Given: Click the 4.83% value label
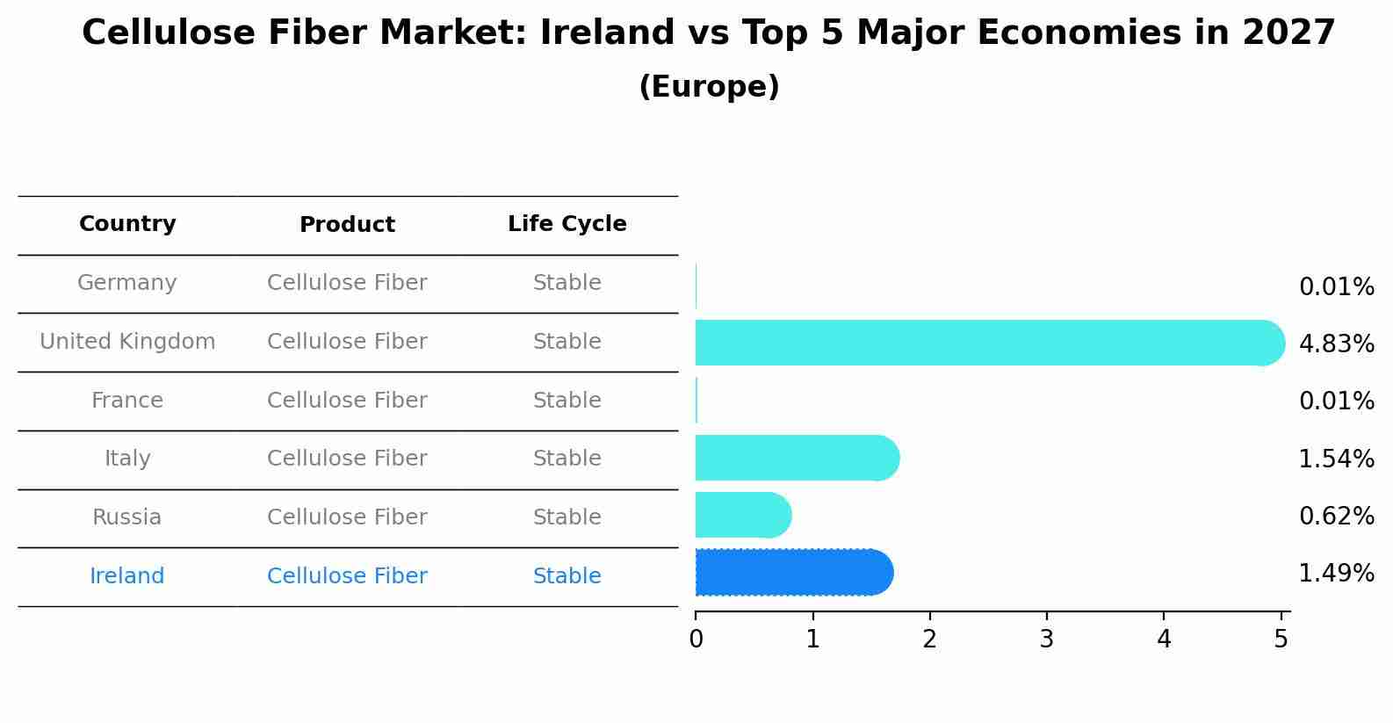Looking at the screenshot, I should [x=1336, y=343].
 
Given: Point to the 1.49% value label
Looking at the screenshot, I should [x=1336, y=574].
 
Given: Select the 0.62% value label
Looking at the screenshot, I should [x=1336, y=516].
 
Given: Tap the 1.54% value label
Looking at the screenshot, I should [x=1336, y=459].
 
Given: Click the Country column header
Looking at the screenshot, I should [x=127, y=224].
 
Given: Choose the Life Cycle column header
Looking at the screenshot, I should [x=567, y=224].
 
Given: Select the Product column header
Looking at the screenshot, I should [x=347, y=225].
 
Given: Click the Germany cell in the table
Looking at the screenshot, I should [x=127, y=283].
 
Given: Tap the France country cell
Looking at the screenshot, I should [x=127, y=401].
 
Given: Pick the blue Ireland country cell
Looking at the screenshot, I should [x=127, y=576].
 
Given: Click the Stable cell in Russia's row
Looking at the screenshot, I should [x=567, y=517].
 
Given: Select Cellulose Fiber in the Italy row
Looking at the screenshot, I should [x=347, y=459].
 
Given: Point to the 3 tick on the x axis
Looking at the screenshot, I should [x=1047, y=639].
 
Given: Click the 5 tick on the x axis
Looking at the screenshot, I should [x=1281, y=639].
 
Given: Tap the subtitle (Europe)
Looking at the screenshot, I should [x=709, y=87].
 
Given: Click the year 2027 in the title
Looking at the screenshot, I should [x=1288, y=33].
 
